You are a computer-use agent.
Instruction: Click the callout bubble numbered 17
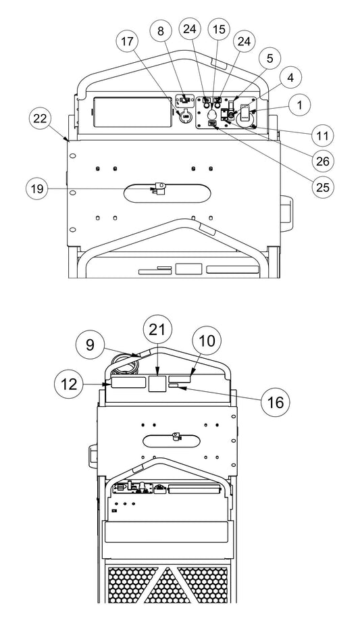click(127, 42)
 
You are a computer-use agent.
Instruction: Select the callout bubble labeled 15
click(217, 30)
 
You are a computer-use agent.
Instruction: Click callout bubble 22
click(40, 120)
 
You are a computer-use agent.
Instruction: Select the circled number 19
click(37, 189)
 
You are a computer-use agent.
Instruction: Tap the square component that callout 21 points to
click(157, 384)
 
